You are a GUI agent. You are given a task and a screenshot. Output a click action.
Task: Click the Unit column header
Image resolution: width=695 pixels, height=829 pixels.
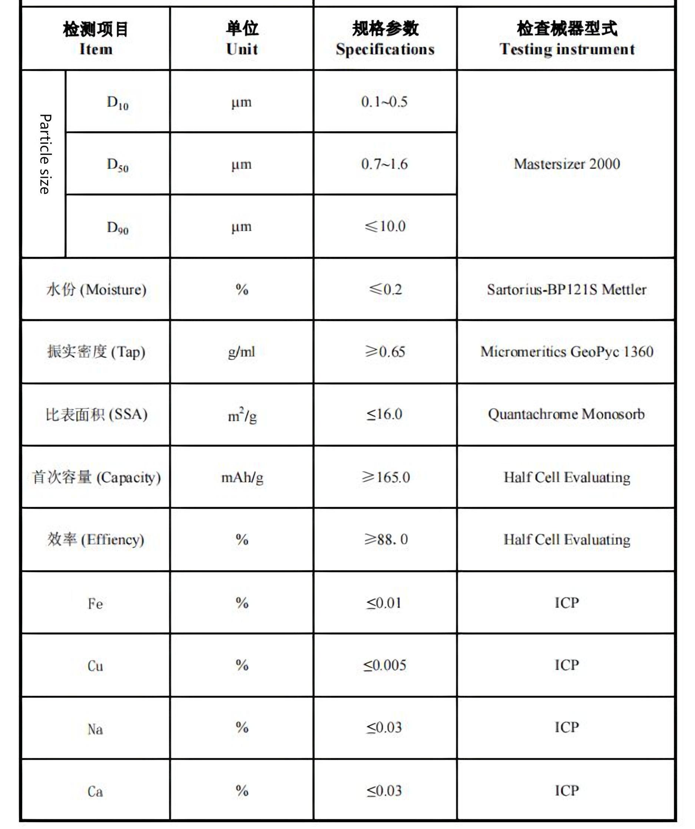242,39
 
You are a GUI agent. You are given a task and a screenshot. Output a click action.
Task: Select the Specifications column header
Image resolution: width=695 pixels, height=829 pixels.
385,39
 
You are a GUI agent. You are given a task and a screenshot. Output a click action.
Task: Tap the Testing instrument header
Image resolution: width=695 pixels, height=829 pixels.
567,39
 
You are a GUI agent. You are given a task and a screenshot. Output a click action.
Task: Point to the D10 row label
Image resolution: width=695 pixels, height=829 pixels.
118,102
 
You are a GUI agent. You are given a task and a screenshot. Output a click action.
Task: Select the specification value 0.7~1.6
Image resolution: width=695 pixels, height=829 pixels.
384,164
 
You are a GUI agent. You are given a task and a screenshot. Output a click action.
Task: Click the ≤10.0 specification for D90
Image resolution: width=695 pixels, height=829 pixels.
385,226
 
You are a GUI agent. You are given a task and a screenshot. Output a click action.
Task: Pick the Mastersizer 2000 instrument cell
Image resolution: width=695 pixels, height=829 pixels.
567,164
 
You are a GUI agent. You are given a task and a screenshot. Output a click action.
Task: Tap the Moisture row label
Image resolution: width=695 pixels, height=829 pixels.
96,289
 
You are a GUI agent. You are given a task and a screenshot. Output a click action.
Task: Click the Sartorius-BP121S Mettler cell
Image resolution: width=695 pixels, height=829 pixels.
567,289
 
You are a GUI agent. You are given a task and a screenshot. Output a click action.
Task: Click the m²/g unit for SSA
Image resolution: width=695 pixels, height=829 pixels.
242,415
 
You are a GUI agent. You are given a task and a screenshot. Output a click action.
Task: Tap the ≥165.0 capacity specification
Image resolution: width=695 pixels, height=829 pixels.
385,477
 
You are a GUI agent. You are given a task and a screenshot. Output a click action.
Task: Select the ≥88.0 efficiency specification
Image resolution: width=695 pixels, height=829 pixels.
385,539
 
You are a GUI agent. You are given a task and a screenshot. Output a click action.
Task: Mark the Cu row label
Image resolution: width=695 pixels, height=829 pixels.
95,666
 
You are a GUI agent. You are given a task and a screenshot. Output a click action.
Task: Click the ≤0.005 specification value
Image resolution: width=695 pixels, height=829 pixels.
384,665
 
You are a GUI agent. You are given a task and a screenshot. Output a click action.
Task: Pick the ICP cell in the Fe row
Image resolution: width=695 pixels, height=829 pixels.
567,603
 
